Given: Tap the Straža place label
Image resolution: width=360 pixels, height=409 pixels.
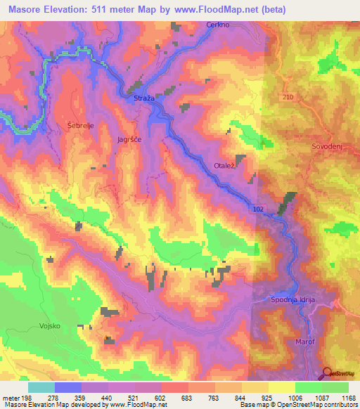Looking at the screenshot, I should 144,99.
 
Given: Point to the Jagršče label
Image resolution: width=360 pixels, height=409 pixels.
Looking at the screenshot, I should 129,140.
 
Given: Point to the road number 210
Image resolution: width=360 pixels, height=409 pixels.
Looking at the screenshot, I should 288,96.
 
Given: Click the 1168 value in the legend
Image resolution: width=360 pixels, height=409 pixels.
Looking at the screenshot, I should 348,398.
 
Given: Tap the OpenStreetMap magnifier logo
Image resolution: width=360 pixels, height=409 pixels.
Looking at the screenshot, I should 328,373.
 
